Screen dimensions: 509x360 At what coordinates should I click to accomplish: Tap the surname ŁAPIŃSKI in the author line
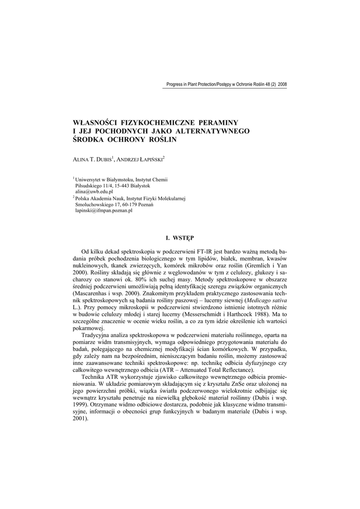click(x=148, y=160)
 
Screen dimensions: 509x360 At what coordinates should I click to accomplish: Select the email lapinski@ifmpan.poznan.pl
click(x=103, y=210)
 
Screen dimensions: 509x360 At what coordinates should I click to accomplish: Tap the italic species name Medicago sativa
click(x=267, y=302)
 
